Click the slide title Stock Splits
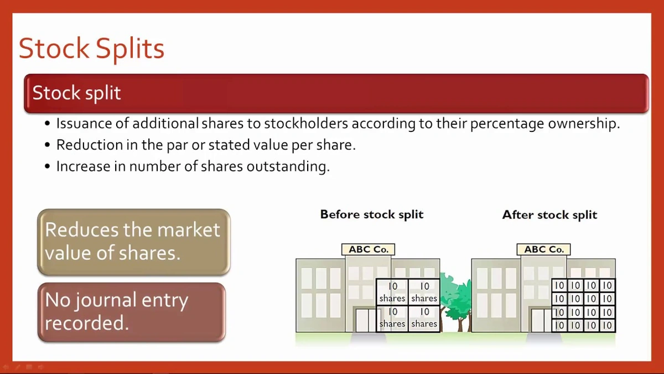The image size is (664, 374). coord(91,49)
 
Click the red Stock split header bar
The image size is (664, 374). coord(336,93)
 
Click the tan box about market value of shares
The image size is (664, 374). coord(133,242)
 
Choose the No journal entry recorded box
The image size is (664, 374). coord(132,311)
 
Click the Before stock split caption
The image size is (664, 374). coord(372,214)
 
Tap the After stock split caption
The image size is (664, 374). coord(549,214)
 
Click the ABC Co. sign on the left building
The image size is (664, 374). coord(369,249)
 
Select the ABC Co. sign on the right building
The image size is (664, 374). coord(544,249)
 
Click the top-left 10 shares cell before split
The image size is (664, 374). coord(392,292)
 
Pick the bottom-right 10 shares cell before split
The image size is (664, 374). coord(424,318)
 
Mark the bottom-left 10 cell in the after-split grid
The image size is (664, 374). coord(559,325)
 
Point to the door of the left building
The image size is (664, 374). coord(365,320)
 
